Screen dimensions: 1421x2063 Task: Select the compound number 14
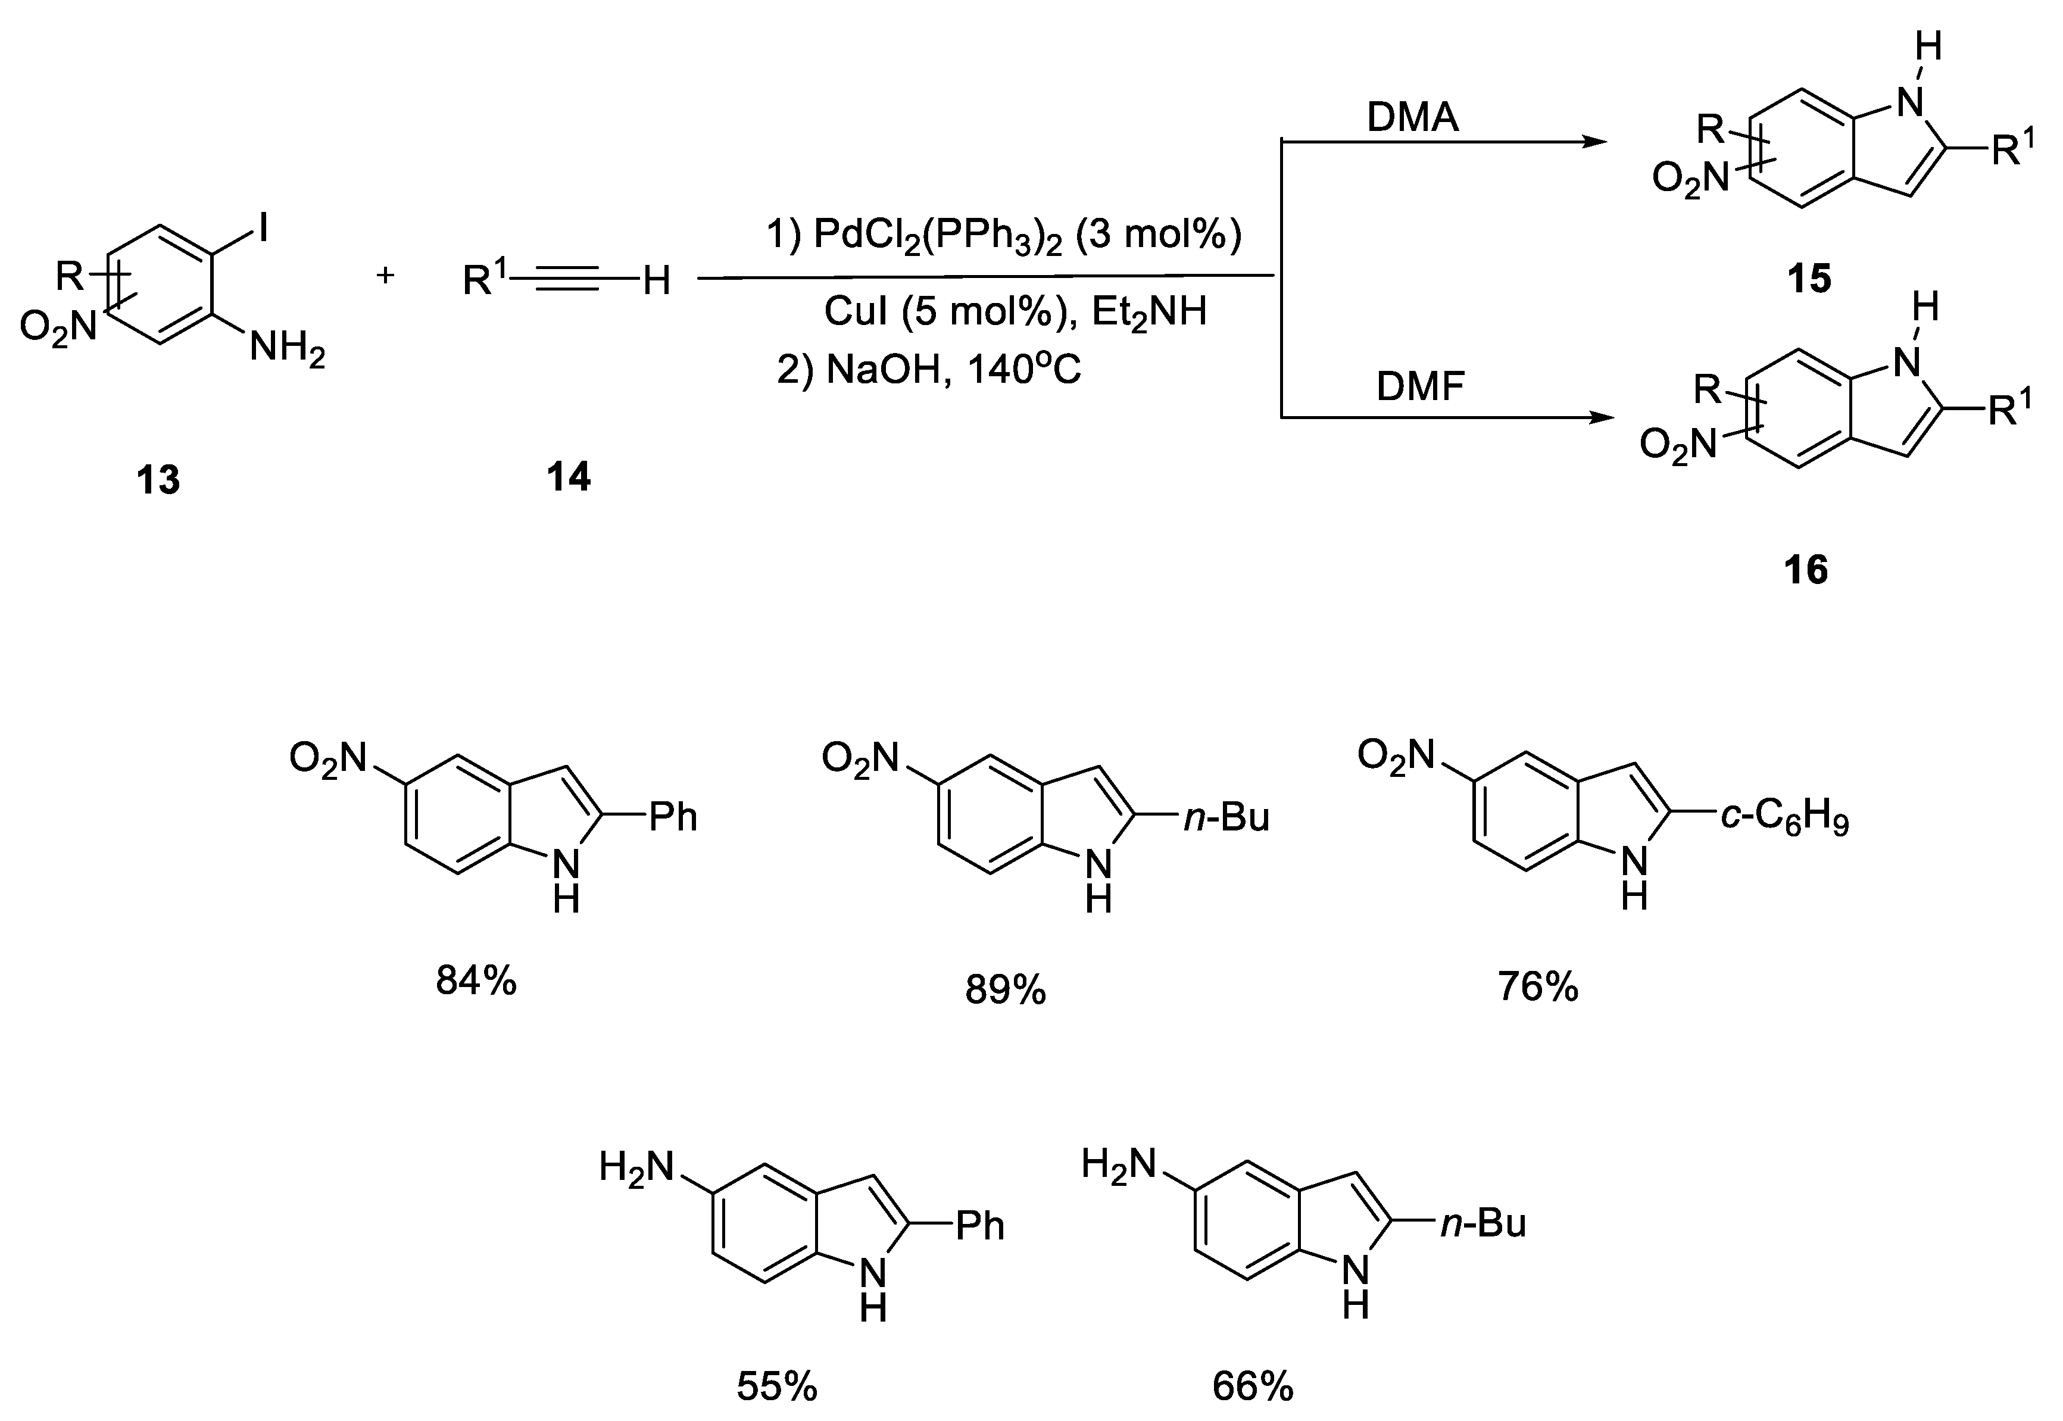568,477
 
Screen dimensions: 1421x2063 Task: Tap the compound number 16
1806,570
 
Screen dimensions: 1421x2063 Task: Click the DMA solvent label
1413,117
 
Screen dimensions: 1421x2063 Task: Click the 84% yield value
476,981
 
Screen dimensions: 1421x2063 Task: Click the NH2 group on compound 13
287,347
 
